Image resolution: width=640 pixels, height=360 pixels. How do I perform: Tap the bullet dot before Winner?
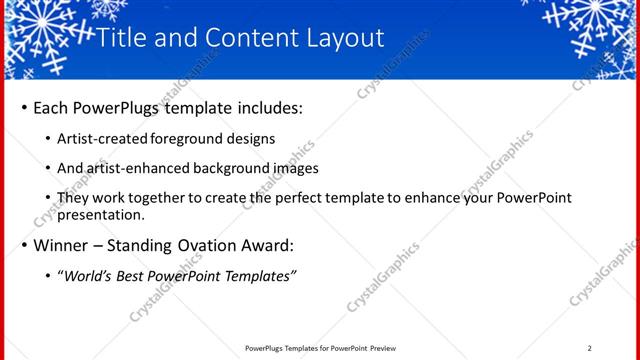23,245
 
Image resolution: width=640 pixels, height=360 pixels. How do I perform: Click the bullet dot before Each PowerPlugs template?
23,107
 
